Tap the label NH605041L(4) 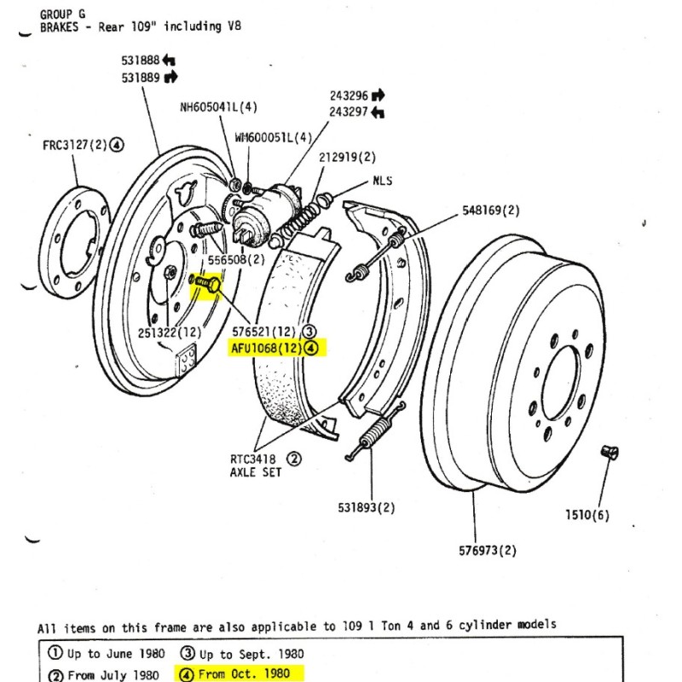pyautogui.click(x=218, y=107)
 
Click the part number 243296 pyautogui.click(x=350, y=95)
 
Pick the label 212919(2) pyautogui.click(x=347, y=158)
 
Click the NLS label pyautogui.click(x=382, y=182)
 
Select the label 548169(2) pyautogui.click(x=491, y=210)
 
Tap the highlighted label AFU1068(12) pyautogui.click(x=267, y=348)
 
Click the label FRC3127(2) pyautogui.click(x=75, y=145)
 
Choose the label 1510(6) pyautogui.click(x=587, y=514)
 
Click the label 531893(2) pyautogui.click(x=367, y=508)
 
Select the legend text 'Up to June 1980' pyautogui.click(x=106, y=655)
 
